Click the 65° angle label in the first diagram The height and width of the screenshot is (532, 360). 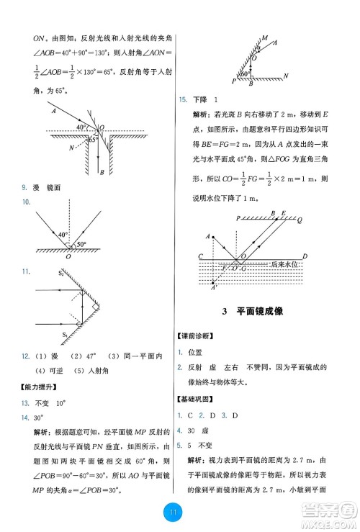tap(92, 140)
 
